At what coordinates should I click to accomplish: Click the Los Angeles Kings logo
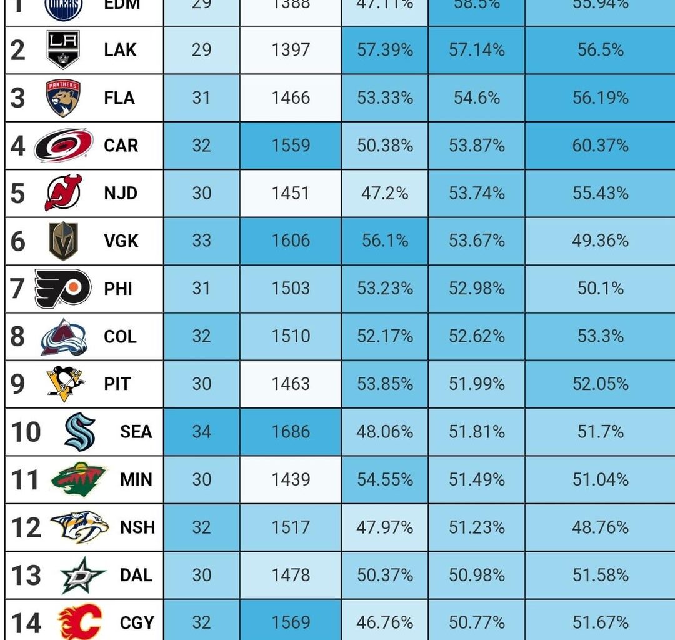click(x=63, y=49)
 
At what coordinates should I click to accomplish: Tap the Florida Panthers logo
click(x=63, y=97)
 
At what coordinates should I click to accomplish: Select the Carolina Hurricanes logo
click(x=63, y=145)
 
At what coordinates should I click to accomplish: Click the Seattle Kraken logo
click(x=80, y=432)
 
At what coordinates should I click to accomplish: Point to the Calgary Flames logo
click(x=79, y=622)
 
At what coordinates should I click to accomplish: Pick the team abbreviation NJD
click(x=121, y=193)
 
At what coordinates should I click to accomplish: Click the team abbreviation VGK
click(x=121, y=241)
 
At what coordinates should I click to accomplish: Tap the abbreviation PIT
click(x=117, y=384)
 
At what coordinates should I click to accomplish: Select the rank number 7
click(x=18, y=289)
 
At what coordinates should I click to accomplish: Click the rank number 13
click(x=26, y=575)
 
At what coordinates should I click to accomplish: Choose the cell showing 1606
click(x=291, y=241)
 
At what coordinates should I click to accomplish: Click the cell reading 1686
click(x=291, y=432)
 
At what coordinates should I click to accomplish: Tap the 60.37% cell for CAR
click(x=600, y=145)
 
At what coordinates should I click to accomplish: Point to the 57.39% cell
click(x=385, y=50)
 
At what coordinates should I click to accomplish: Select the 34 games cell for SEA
click(x=201, y=432)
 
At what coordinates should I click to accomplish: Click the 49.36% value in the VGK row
click(x=600, y=241)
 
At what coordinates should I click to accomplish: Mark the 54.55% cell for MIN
click(x=385, y=479)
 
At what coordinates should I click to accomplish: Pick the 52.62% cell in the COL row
click(x=476, y=336)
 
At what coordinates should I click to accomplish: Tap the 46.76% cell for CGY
click(x=385, y=622)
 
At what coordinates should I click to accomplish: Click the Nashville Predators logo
click(x=79, y=527)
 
